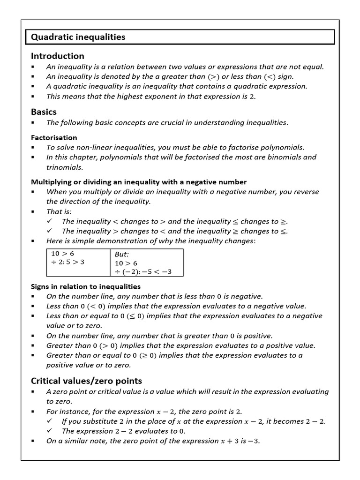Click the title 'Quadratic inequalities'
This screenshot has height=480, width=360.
pos(78,37)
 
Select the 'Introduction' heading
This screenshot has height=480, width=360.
pos(57,56)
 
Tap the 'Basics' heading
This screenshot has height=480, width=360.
pos(44,112)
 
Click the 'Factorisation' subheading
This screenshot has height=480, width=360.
pos(54,137)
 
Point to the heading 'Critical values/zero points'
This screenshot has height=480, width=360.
pos(86,380)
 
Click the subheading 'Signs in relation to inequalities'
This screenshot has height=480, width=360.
pos(85,286)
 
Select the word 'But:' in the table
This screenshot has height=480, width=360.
pos(122,254)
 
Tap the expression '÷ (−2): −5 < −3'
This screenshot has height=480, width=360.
pos(144,272)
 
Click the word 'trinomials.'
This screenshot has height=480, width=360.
pos(65,167)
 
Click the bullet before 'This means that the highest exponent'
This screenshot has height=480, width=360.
pos(33,97)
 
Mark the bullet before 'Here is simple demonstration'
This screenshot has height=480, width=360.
pos(33,241)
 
